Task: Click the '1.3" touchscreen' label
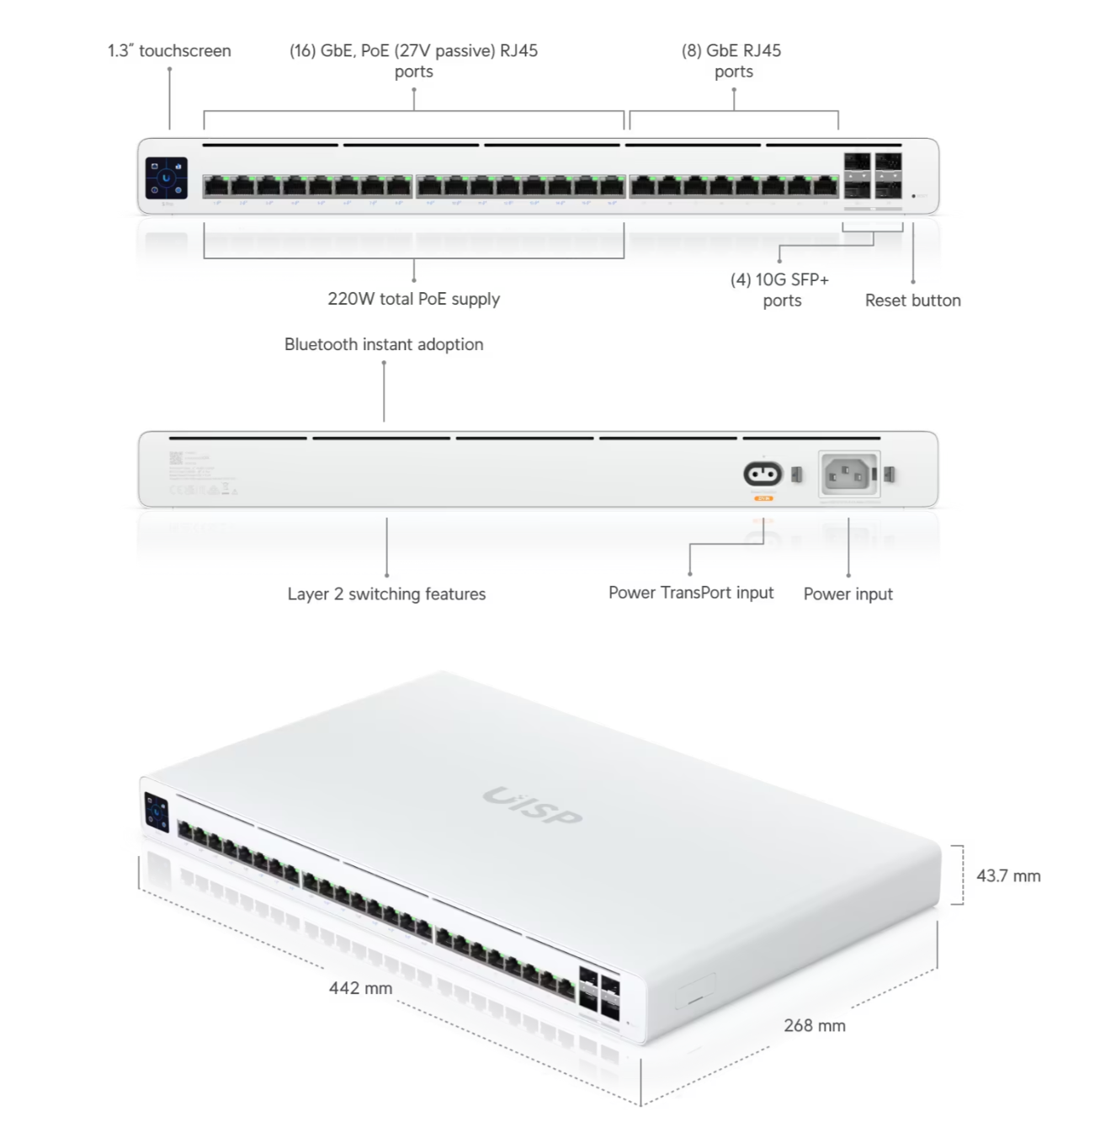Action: click(169, 51)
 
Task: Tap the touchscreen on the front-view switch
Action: click(167, 178)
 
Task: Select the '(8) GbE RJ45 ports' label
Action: click(731, 61)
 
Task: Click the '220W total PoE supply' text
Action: click(413, 299)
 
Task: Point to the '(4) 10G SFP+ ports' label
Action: click(780, 290)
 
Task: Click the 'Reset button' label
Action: click(912, 300)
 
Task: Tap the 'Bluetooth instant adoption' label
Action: click(384, 344)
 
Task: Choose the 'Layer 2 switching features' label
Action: click(386, 594)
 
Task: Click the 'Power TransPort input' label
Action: click(691, 593)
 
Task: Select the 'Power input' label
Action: click(848, 594)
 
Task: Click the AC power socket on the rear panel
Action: click(849, 476)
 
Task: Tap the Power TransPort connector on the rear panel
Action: click(763, 475)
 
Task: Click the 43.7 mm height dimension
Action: click(1008, 876)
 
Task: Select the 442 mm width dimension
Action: click(360, 988)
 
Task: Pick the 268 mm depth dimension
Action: click(814, 1026)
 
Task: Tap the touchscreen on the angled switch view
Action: click(157, 812)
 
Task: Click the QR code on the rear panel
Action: click(176, 458)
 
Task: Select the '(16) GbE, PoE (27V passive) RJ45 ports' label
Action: click(413, 61)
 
